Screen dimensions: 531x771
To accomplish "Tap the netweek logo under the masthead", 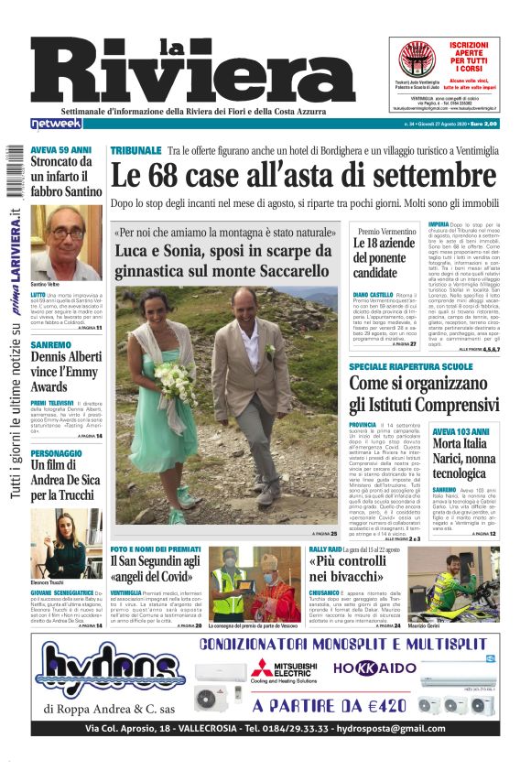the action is point(56,123).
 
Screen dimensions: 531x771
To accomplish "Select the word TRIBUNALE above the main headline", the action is point(135,149).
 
